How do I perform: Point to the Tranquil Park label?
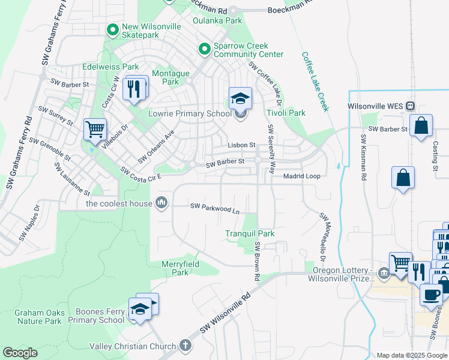tap(250, 233)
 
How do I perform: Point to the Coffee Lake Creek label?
tap(315, 80)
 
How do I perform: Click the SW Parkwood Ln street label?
tap(215, 207)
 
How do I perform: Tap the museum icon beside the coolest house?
tap(161, 203)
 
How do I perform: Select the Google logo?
tap(20, 353)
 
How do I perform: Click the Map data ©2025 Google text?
tap(411, 355)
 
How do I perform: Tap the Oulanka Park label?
tap(217, 20)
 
